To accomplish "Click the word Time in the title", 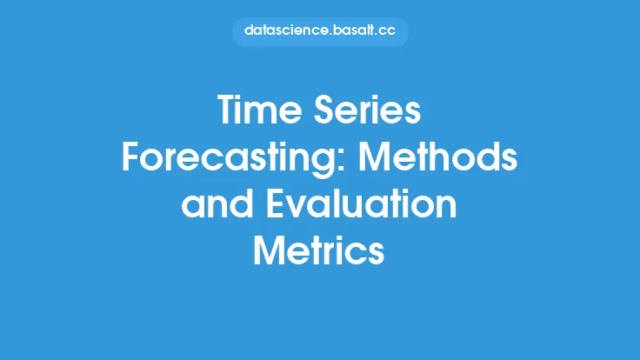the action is pyautogui.click(x=260, y=110).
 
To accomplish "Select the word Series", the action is pyautogui.click(x=367, y=110).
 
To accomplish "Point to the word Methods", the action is pyautogui.click(x=438, y=157).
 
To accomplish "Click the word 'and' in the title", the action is pyautogui.click(x=217, y=203).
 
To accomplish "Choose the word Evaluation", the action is pyautogui.click(x=362, y=203).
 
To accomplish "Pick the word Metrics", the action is pyautogui.click(x=319, y=250).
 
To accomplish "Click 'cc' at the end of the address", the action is pyautogui.click(x=387, y=31).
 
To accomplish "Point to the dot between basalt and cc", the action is pyautogui.click(x=377, y=35).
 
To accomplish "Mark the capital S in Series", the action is pyautogui.click(x=324, y=110).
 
